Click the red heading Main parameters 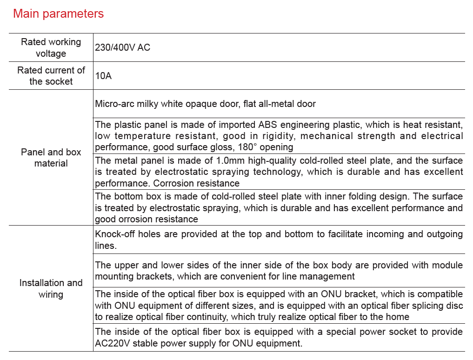[x=58, y=14]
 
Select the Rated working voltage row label [x=51, y=47]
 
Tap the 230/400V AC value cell [x=122, y=47]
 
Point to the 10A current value [x=103, y=75]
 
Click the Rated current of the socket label [x=51, y=76]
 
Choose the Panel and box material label [x=51, y=158]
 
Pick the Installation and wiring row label [x=51, y=288]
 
